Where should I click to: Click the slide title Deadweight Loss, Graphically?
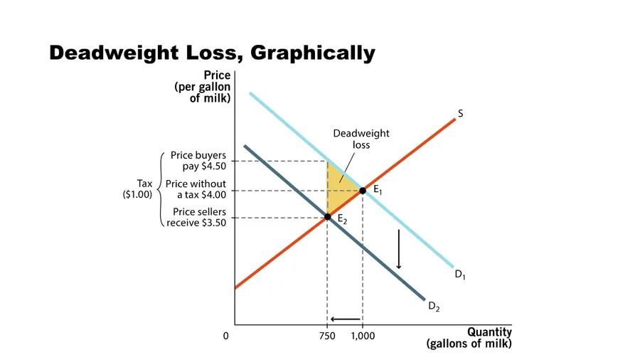[x=211, y=53]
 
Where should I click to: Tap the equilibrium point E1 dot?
[x=363, y=191]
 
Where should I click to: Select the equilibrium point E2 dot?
[x=327, y=216]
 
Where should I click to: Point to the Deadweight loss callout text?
[x=362, y=138]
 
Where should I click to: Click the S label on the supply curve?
[x=461, y=113]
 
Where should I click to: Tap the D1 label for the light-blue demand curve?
[x=461, y=275]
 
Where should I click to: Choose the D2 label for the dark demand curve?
[x=434, y=307]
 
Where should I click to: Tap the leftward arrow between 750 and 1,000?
[x=345, y=319]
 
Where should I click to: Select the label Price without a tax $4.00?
[x=196, y=189]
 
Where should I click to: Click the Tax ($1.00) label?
[x=137, y=189]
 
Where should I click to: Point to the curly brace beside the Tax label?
[x=158, y=189]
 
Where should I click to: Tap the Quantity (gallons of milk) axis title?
[x=469, y=338]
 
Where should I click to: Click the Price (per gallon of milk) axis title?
[x=203, y=87]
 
